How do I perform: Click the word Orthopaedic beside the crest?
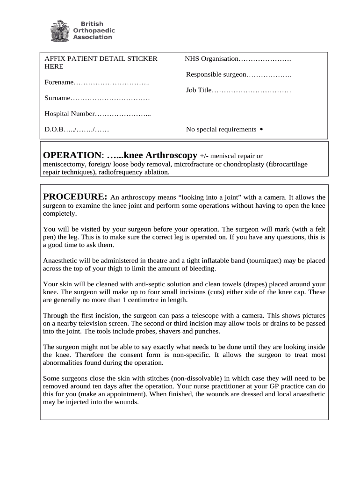(x=94, y=30)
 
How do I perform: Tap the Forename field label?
(x=59, y=82)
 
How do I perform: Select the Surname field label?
(x=58, y=98)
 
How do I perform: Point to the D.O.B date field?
(x=77, y=130)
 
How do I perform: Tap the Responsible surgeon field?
(x=238, y=74)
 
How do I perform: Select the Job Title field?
(x=238, y=90)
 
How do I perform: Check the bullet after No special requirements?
(x=261, y=129)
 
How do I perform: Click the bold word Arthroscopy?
(x=171, y=155)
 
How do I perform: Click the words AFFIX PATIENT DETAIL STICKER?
(x=101, y=58)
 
